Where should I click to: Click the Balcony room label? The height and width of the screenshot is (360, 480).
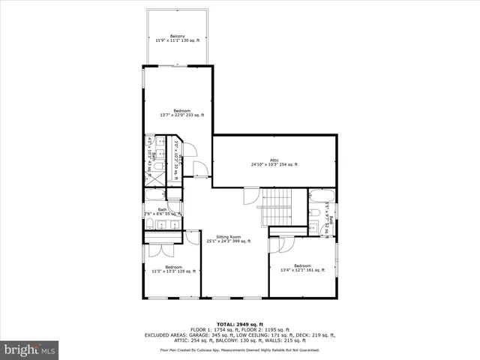(178, 36)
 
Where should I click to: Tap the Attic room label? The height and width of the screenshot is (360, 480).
(274, 159)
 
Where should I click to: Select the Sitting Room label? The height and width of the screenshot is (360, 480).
(229, 236)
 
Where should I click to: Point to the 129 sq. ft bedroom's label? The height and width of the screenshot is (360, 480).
(173, 267)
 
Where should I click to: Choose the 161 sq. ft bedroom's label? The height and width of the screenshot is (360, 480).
(302, 266)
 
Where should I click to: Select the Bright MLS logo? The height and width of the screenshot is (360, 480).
(30, 349)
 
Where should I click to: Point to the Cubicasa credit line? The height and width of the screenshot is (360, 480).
(239, 349)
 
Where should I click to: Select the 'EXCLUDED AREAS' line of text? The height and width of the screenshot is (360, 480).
(239, 334)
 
